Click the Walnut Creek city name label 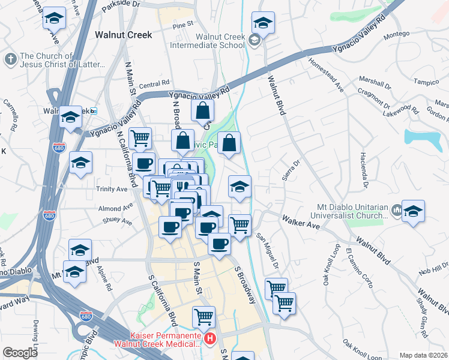click(x=124, y=35)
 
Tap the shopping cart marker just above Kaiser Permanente click(x=204, y=316)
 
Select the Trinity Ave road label click(x=112, y=189)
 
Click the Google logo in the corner click(x=20, y=353)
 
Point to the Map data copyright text click(x=423, y=355)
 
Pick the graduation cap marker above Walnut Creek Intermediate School click(x=262, y=23)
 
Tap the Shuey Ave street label click(x=118, y=221)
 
